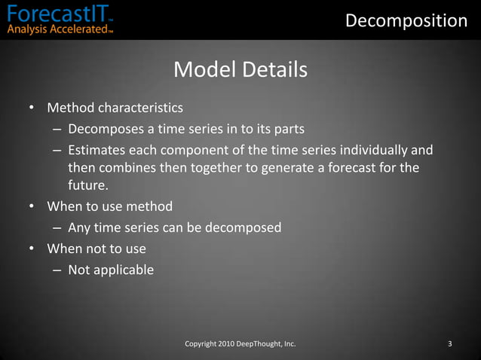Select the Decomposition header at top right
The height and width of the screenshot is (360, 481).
[406, 20]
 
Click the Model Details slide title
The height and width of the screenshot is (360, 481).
[240, 70]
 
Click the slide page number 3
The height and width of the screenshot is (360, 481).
[449, 344]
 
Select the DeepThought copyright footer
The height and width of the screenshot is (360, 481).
[240, 344]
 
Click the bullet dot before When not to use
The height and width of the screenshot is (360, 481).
[32, 249]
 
